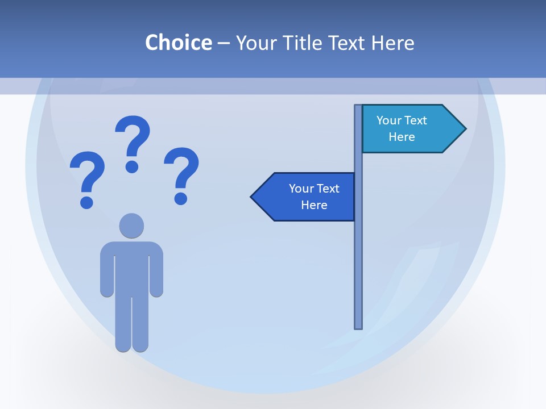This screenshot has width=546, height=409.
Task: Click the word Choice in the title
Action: pos(178,43)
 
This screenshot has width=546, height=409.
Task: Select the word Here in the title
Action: pos(392,43)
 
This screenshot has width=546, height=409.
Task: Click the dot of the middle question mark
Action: pos(132,166)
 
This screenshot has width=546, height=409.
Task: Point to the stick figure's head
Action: pos(131,226)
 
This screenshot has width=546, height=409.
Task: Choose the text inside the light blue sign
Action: pos(402,128)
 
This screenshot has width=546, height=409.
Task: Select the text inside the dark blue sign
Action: pos(314,197)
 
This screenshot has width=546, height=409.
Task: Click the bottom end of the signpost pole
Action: pos(358,326)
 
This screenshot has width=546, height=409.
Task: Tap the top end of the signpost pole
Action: pos(358,107)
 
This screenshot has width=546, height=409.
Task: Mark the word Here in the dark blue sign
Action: pos(314,205)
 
